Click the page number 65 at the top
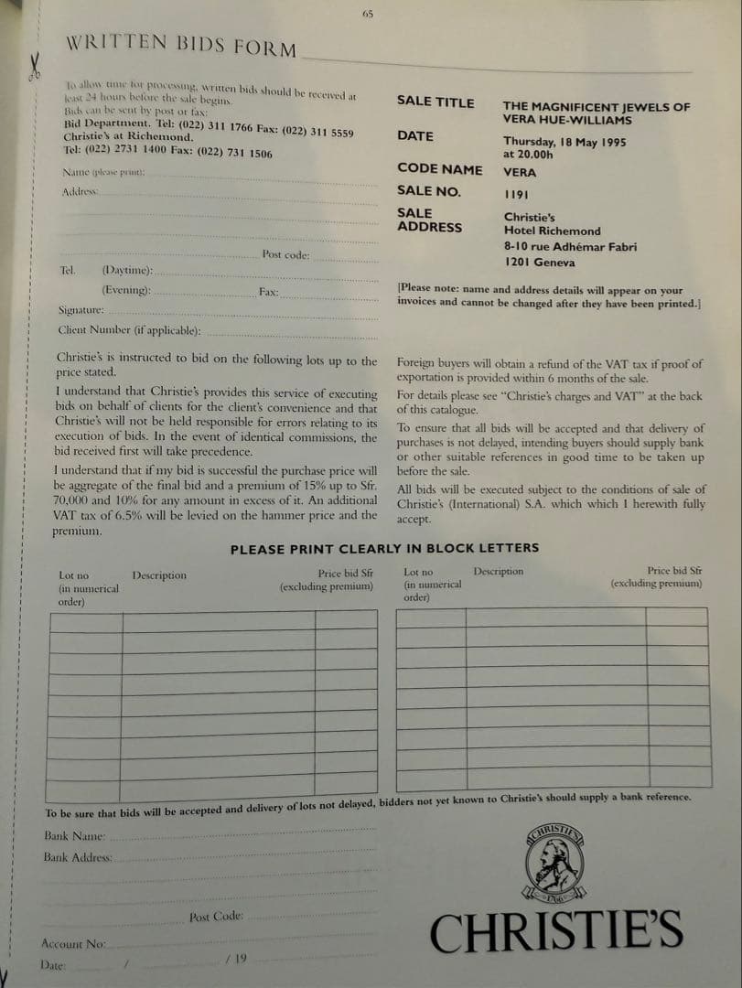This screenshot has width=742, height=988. click(368, 14)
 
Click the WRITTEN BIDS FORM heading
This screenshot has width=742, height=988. click(181, 46)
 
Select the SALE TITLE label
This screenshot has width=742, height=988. click(436, 102)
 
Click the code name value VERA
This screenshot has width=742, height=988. click(520, 172)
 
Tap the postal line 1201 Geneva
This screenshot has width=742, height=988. click(540, 263)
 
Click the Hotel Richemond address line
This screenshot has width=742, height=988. click(552, 231)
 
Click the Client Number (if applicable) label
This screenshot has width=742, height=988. click(129, 330)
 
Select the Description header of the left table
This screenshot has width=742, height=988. click(158, 575)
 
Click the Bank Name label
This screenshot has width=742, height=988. click(75, 836)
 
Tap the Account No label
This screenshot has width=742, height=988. click(73, 943)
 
